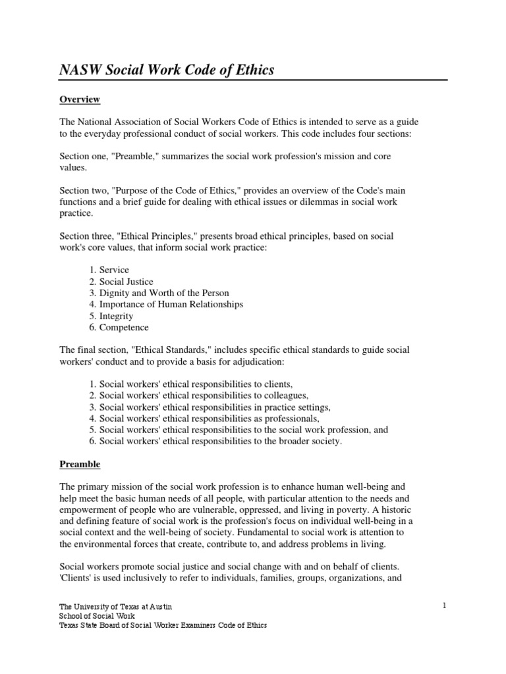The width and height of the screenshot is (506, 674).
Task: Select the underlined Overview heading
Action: [x=80, y=99]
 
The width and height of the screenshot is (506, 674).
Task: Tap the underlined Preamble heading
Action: [x=80, y=464]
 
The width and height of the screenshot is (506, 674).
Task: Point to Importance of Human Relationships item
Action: [x=171, y=304]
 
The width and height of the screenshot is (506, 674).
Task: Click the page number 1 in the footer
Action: [x=445, y=605]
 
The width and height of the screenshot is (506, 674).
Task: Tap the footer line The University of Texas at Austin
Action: [x=116, y=606]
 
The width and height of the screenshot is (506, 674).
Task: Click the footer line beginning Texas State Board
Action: [x=163, y=625]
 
